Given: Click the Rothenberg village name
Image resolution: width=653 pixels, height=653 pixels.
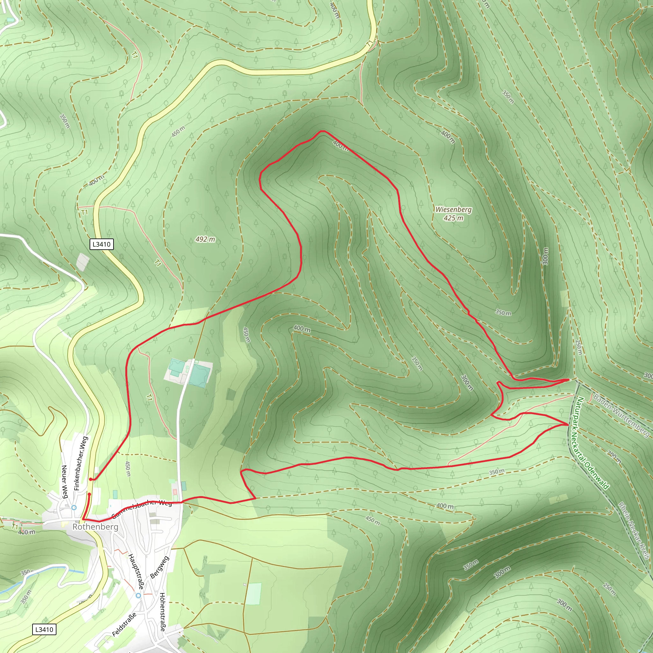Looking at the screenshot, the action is point(95,527).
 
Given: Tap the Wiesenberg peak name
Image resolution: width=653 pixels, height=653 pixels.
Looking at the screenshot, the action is point(453,209).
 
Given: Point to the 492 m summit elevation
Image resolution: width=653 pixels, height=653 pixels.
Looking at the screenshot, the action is point(205,239).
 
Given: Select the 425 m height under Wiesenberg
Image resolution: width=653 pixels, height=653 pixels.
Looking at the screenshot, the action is point(453,218).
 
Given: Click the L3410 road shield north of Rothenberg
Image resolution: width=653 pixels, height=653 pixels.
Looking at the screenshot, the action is point(101,244).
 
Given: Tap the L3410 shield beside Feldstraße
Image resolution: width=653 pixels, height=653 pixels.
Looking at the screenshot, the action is point(44,629).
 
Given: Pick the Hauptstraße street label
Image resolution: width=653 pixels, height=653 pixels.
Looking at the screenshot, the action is point(136,571).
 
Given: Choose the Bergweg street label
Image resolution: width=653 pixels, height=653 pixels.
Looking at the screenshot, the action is point(159,567).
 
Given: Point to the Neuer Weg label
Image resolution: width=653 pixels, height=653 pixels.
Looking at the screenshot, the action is point(64,482).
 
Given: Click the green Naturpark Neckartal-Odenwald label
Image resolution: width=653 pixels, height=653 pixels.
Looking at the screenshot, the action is point(592,443).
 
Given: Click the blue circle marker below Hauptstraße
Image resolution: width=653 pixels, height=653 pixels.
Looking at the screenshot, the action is point(138,596).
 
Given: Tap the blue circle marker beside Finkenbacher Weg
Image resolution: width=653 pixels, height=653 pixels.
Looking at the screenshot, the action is point(74,507).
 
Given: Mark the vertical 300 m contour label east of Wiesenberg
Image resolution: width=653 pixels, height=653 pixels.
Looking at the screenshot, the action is point(546,256).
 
